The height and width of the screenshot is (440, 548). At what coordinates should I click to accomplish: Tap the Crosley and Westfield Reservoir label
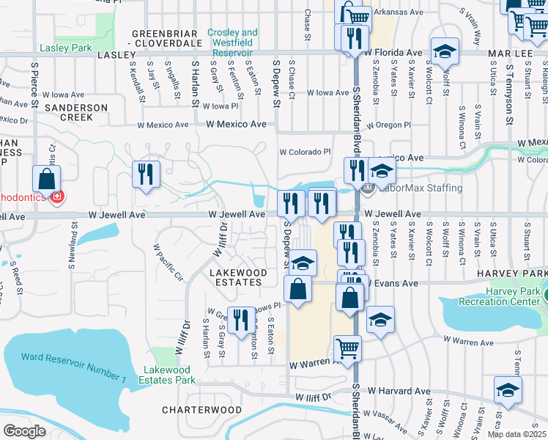(232, 37)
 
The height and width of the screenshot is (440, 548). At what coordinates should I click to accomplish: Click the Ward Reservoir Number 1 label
(73, 367)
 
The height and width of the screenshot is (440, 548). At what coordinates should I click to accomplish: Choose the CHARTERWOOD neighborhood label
(201, 409)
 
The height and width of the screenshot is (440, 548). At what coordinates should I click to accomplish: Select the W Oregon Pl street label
(389, 125)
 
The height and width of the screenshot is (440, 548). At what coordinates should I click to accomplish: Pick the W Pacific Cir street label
(167, 263)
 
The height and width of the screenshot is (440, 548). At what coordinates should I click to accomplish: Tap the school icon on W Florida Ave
(444, 51)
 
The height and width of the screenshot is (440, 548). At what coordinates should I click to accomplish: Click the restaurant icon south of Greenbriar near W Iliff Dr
(145, 174)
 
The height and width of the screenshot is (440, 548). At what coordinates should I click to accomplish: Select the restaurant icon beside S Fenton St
(239, 320)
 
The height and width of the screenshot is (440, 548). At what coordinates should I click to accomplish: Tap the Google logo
(24, 431)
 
